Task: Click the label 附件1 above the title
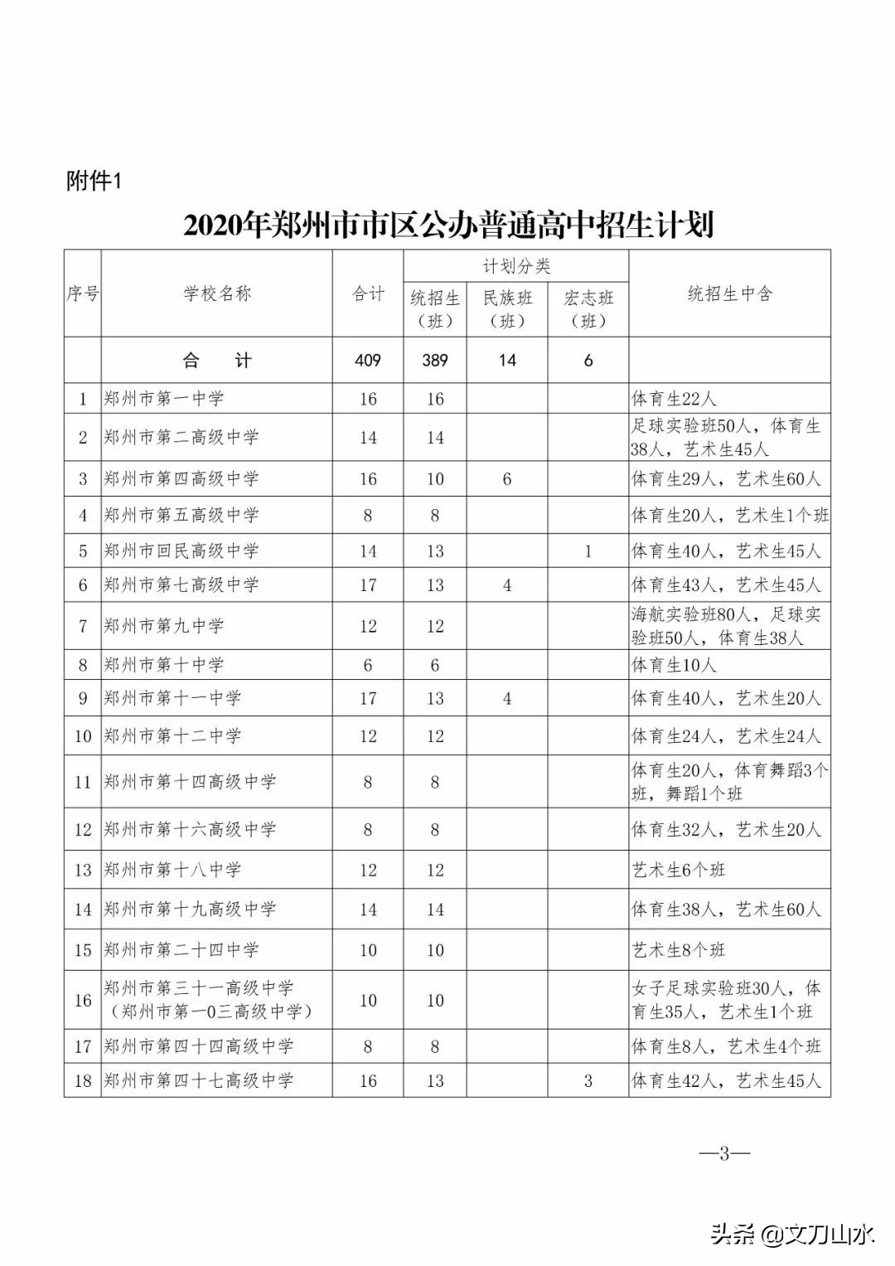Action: coord(94,181)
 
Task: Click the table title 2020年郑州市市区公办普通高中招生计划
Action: coord(448,225)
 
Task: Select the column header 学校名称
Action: coord(217,293)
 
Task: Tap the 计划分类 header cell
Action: coord(516,266)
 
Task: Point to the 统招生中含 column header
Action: coord(729,293)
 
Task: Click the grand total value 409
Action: coord(368,360)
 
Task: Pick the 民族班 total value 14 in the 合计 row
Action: coord(507,360)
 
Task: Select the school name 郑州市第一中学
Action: coord(164,399)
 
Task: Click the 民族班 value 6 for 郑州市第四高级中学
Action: coord(507,479)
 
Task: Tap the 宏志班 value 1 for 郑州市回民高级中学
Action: coord(588,551)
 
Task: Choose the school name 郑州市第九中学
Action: coord(164,626)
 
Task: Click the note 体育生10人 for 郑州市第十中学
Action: coord(675,665)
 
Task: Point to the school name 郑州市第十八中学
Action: coord(172,870)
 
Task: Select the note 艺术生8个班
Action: coord(679,950)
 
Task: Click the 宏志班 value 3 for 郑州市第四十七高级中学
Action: coord(588,1081)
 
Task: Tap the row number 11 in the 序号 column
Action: coord(83,782)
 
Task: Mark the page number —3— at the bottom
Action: coord(724,1153)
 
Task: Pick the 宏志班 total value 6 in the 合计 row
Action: coord(588,360)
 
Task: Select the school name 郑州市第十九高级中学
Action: coord(190,909)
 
